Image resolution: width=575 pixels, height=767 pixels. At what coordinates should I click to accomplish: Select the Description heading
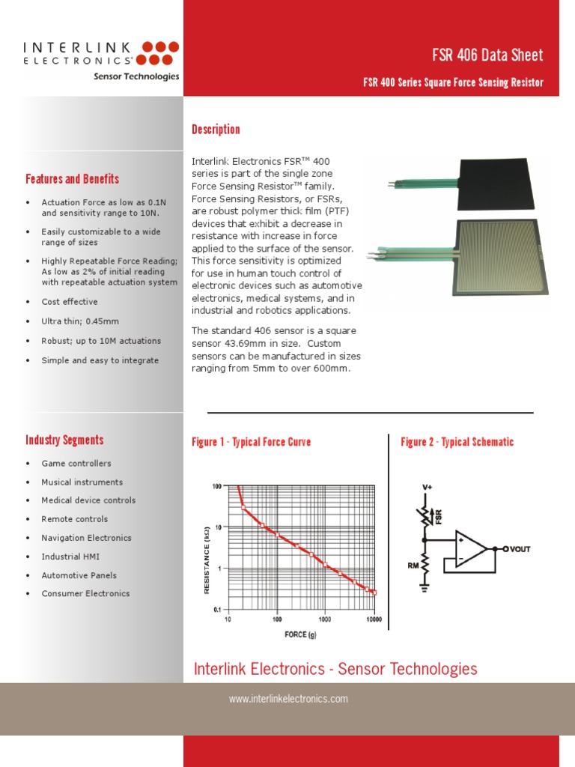(x=216, y=130)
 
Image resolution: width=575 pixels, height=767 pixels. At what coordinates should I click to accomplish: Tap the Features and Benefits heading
(x=72, y=179)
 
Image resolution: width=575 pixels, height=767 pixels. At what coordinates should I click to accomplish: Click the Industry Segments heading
(x=64, y=440)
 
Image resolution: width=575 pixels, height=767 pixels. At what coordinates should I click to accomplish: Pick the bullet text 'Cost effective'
(x=70, y=302)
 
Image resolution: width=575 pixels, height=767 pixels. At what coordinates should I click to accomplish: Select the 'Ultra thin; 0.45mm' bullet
(x=80, y=321)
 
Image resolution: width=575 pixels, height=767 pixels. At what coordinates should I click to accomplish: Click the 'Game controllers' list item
(x=76, y=464)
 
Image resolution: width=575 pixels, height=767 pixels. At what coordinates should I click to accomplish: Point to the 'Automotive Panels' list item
(x=79, y=575)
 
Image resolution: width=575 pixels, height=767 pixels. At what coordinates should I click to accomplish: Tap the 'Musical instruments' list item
(x=82, y=482)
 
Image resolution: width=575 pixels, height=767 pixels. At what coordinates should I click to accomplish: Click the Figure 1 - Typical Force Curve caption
(x=251, y=442)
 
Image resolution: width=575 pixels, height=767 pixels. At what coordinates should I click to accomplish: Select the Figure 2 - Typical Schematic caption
(x=457, y=442)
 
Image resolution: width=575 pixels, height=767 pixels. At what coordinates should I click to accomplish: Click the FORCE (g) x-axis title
(x=305, y=634)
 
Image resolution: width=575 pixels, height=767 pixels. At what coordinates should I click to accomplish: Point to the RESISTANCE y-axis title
(x=207, y=560)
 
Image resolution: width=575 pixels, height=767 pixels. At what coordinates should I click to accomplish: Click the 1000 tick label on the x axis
(x=324, y=620)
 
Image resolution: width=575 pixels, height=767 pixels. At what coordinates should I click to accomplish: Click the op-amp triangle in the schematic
(x=469, y=549)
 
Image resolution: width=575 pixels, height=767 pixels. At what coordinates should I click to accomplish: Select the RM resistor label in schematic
(x=413, y=566)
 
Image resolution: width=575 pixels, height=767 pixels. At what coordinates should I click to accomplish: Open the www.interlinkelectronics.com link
(x=288, y=699)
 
